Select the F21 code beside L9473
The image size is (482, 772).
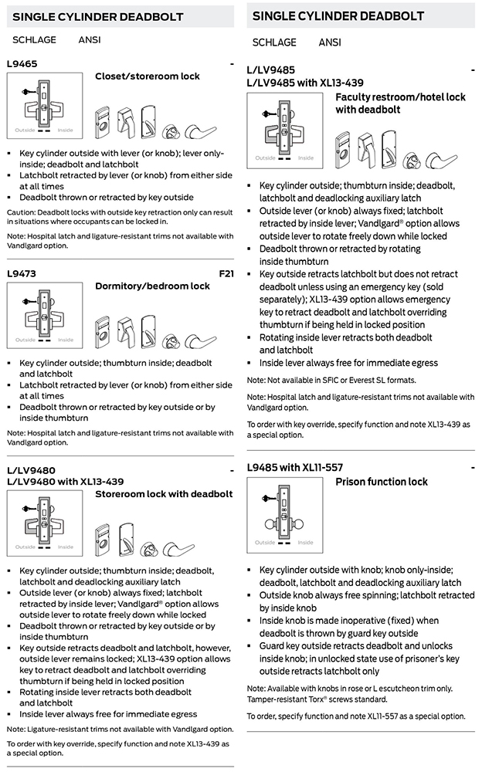pos(226,273)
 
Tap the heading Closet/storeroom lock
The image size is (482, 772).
pos(147,76)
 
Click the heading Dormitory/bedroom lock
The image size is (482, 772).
pos(152,286)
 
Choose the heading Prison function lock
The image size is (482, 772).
pos(381,482)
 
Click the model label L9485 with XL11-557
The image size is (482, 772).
pos(294,467)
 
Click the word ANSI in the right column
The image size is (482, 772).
pos(330,42)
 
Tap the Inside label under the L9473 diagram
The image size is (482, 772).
pos(66,340)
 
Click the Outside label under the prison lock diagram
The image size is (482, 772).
pos(265,542)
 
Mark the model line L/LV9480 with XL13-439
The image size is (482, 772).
pos(64,482)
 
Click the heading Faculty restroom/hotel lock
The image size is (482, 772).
pos(400,97)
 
